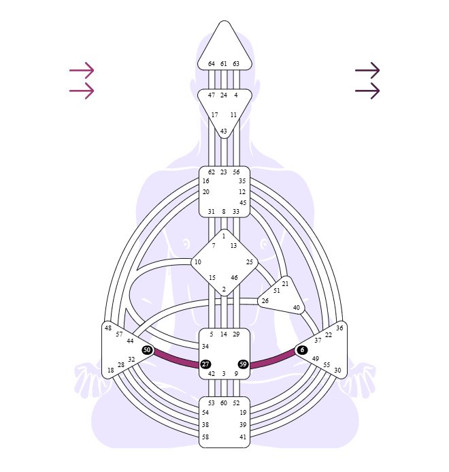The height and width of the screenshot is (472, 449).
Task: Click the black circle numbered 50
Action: (x=147, y=350)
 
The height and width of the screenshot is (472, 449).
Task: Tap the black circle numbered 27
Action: (x=205, y=364)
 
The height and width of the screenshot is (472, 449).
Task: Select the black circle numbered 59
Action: (x=243, y=364)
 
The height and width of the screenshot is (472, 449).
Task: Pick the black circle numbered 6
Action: (x=302, y=350)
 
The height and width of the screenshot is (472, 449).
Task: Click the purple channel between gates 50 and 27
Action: (x=176, y=360)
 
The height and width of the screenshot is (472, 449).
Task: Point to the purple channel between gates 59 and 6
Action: (x=273, y=360)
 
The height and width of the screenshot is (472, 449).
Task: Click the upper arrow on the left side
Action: (x=82, y=70)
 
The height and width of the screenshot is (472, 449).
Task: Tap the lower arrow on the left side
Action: (x=82, y=91)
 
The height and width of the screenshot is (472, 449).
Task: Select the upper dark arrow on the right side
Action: (x=367, y=70)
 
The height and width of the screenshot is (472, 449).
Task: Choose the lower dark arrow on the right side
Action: (x=367, y=91)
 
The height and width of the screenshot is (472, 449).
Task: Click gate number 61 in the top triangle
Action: (x=223, y=64)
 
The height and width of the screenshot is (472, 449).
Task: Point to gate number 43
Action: (x=223, y=131)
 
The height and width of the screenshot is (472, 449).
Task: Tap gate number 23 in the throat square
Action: (x=223, y=172)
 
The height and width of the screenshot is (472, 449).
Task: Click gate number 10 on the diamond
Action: (x=197, y=262)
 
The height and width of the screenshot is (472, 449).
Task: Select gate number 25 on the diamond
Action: (x=250, y=262)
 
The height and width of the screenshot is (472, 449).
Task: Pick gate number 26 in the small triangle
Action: (x=265, y=301)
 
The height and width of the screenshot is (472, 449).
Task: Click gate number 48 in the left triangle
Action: (x=108, y=328)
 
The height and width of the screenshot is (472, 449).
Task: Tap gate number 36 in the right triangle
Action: (x=339, y=328)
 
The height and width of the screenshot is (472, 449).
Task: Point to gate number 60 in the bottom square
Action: (x=223, y=403)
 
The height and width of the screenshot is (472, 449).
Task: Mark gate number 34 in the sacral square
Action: (x=205, y=347)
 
